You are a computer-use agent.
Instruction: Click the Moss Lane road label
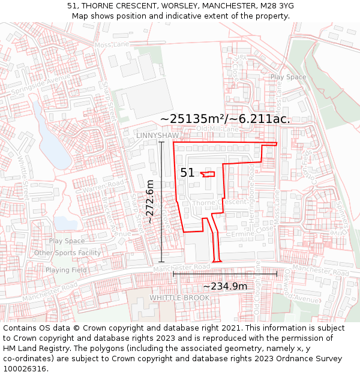[x=112, y=44]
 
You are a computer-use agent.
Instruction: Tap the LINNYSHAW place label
[x=158, y=136]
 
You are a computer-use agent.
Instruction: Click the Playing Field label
[x=66, y=270]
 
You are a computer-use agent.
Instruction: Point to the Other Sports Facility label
[x=67, y=253]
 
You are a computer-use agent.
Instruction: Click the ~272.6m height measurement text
[x=150, y=202]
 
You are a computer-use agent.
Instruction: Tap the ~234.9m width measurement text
[x=225, y=286]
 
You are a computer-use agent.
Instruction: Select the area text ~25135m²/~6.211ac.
[x=225, y=119]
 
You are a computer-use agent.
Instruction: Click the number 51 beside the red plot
[x=187, y=173]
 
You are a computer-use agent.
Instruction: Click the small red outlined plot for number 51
[x=208, y=174]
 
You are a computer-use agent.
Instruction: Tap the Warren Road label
[x=103, y=186]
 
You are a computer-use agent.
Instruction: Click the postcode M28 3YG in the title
[x=278, y=6]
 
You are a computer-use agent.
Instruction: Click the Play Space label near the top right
[x=288, y=77]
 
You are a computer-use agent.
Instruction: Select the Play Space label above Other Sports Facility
[x=67, y=241]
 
